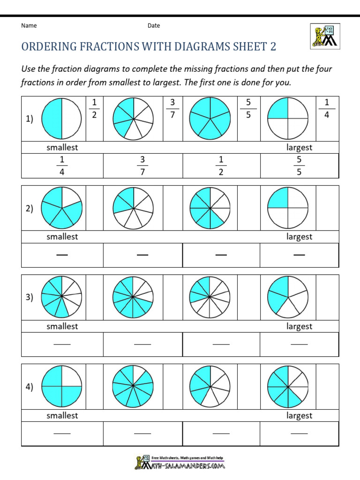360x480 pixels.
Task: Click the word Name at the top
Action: point(29,25)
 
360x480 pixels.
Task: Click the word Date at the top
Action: point(154,25)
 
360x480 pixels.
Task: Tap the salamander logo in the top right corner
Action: point(324,36)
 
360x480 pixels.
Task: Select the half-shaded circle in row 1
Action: point(62,119)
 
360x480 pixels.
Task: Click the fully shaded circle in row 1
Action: point(210,119)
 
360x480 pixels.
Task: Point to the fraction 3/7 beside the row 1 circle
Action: point(172,109)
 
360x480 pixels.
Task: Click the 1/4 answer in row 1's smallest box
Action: point(62,166)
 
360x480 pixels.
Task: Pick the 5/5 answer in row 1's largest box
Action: point(299,166)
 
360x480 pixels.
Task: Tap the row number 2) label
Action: point(30,209)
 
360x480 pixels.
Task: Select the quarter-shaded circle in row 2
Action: point(288,208)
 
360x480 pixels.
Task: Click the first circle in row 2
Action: point(62,208)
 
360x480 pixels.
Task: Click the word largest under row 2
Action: point(299,237)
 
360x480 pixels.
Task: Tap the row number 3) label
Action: point(30,297)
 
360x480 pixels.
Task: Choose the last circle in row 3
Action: point(288,297)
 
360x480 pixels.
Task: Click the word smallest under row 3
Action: point(62,326)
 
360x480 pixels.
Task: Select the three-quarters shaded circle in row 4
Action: point(62,386)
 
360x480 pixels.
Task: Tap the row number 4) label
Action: point(30,387)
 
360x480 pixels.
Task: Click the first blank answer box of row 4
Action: point(62,434)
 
